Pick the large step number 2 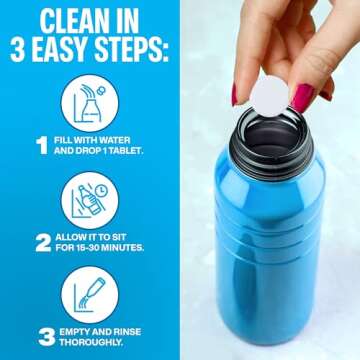[x=42, y=241]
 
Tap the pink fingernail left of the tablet [x=239, y=94]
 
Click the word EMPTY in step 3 [x=79, y=328]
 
